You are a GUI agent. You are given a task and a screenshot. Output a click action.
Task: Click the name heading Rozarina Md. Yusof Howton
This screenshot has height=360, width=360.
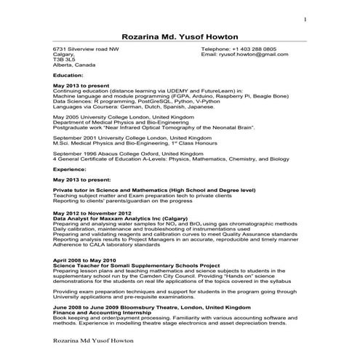pos(180,36)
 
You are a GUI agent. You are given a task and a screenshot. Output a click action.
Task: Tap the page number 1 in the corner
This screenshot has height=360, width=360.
pos(305,19)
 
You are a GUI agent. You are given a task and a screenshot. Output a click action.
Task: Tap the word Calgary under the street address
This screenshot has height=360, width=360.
pos(64,54)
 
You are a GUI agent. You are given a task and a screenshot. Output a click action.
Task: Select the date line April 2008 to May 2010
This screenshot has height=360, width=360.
pos(84,260)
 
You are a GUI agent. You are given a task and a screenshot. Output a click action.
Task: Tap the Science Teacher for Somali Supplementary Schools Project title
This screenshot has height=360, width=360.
pos(136,265)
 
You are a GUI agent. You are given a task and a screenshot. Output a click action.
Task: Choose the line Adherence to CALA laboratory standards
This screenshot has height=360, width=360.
pos(107,243)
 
